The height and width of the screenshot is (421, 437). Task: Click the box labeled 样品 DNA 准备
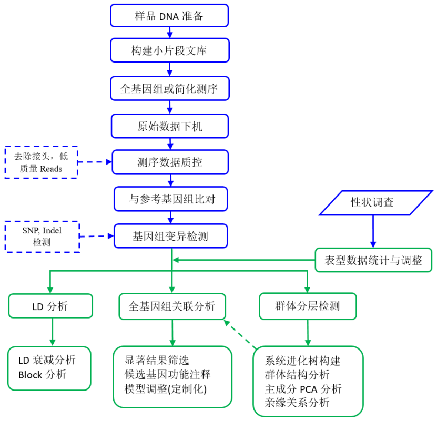coord(169,16)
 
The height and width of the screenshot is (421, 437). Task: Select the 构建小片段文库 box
coord(169,52)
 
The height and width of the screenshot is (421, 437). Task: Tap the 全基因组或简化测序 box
coord(169,88)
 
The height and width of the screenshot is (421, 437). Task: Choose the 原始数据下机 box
coord(169,126)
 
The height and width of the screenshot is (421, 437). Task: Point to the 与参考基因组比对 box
coord(170,199)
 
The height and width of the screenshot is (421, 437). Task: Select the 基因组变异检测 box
coord(170,236)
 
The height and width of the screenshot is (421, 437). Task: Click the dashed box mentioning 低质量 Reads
coord(41,162)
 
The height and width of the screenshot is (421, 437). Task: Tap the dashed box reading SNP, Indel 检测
coord(41,236)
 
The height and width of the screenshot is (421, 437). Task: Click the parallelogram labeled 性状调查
coord(373,202)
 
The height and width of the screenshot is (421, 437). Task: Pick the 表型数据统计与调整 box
coord(373,260)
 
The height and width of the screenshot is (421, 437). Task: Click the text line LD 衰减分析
coord(47,360)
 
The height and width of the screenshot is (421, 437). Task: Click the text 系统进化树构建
coord(303,361)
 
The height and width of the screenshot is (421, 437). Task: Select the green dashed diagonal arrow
coord(240,334)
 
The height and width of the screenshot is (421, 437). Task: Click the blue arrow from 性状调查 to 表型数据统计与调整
coord(373,231)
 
